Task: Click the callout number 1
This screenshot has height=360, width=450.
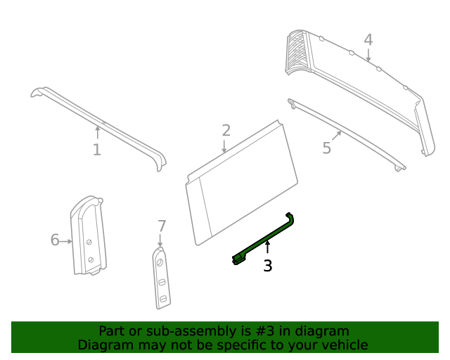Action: (96, 150)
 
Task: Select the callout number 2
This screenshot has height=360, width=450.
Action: (226, 130)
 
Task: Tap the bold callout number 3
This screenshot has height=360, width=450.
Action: (267, 266)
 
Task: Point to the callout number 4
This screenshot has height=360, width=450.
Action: (368, 40)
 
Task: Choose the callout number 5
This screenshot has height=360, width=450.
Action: (327, 148)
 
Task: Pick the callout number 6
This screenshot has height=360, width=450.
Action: (55, 240)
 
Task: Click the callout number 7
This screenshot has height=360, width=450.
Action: (162, 226)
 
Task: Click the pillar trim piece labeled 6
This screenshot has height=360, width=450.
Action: (89, 236)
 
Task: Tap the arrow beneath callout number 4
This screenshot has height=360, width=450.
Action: (368, 56)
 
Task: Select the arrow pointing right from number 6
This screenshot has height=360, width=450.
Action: (67, 241)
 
